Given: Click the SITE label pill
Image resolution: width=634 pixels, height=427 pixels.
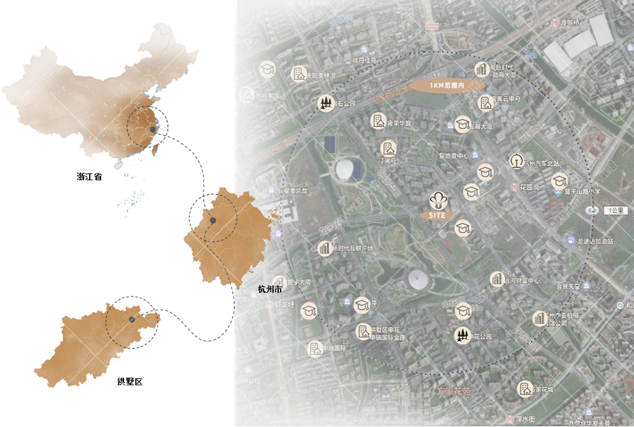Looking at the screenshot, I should (x=436, y=216).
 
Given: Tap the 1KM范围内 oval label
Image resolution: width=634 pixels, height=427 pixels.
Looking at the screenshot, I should (x=447, y=86).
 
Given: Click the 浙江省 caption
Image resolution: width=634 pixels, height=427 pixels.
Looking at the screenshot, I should (x=89, y=176).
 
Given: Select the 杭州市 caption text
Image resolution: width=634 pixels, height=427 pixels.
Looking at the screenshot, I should (x=269, y=290).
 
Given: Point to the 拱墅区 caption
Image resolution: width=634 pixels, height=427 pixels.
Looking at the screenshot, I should (x=130, y=382).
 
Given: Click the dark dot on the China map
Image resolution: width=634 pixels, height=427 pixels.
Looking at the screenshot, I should (x=153, y=129).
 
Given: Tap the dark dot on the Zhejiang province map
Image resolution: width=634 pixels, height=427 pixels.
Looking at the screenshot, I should (x=214, y=220).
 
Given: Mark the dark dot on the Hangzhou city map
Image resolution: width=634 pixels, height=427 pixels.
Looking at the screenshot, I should (x=132, y=320).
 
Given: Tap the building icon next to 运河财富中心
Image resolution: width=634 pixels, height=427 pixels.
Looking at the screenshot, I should (x=498, y=279).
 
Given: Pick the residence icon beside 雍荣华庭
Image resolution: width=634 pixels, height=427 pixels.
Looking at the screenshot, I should (x=378, y=122).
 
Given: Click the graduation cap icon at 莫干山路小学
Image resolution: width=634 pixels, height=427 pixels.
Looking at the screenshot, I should (x=559, y=181).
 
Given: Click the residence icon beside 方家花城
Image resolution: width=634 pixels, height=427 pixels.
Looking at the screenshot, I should (x=524, y=388).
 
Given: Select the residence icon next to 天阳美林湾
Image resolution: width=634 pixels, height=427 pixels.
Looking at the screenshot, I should (x=298, y=74).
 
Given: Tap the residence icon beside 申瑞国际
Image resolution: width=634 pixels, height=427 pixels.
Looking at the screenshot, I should (x=315, y=349).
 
